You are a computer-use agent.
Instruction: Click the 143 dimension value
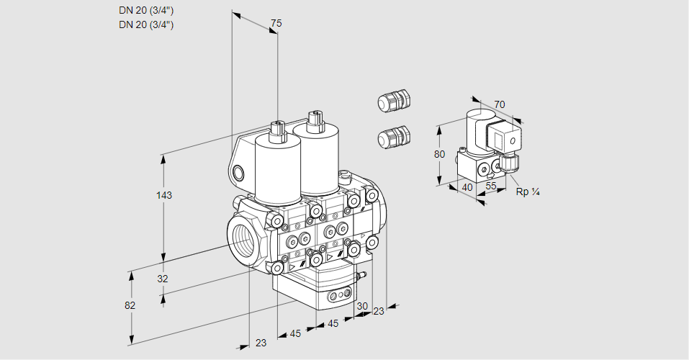(165, 196)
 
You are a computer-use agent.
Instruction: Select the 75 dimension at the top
(276, 24)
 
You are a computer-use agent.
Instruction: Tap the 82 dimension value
(130, 305)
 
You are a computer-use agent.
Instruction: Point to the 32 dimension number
(162, 279)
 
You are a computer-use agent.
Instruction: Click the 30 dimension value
(361, 306)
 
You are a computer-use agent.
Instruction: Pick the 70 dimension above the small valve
(500, 104)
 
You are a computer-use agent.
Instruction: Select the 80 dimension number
(440, 154)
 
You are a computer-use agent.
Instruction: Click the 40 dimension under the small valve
(467, 188)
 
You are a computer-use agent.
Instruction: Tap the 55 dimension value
(491, 186)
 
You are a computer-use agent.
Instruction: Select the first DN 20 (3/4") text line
(146, 11)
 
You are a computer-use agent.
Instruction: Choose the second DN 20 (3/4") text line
(146, 24)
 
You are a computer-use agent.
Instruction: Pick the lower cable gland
(394, 136)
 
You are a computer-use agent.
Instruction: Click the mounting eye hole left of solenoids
(238, 172)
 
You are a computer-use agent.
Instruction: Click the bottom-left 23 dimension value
(261, 343)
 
